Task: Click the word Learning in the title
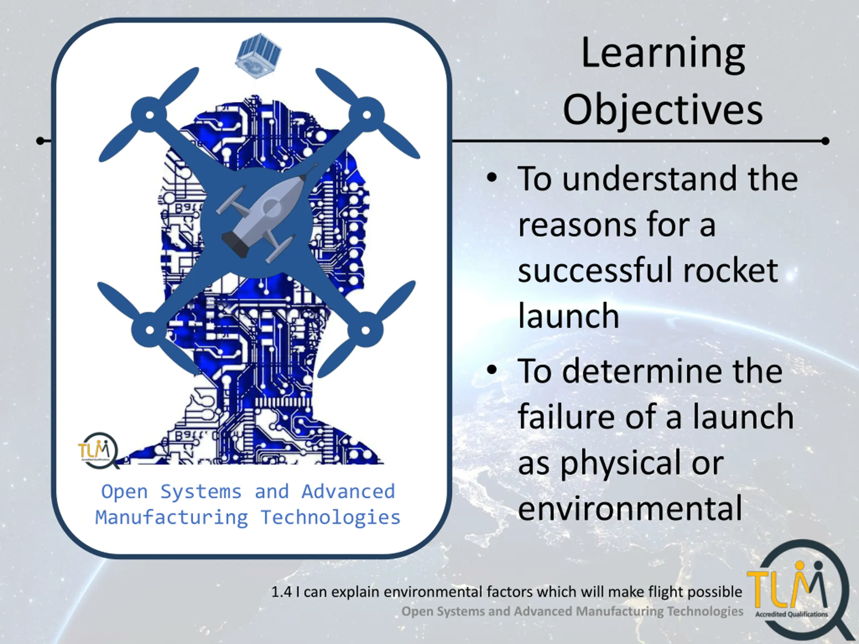point(663,54)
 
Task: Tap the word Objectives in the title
point(663,110)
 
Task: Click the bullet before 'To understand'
point(492,178)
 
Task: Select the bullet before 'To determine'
point(492,370)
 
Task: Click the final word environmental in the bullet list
point(630,508)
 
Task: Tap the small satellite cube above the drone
point(258,55)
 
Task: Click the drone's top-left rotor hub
point(150,115)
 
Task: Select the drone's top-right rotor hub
point(367,115)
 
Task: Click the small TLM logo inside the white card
point(98,450)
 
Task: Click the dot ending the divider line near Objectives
point(825,141)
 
